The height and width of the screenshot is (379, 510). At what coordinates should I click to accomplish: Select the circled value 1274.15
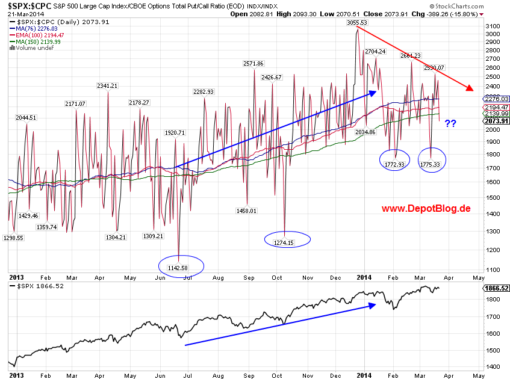coord(287,242)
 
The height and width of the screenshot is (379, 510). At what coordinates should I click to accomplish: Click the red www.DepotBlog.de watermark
coord(425,209)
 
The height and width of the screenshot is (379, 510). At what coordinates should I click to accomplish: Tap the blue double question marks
coord(450,124)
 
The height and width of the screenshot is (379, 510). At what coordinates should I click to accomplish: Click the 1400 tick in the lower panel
coord(493,366)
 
